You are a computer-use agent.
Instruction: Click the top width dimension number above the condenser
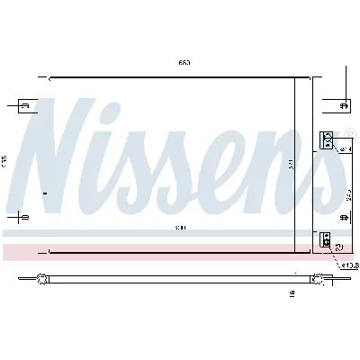[183, 63]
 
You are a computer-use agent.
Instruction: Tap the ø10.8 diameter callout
[349, 266]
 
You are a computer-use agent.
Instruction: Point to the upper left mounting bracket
[26, 107]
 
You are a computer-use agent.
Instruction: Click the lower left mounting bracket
[26, 217]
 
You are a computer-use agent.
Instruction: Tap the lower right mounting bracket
[342, 217]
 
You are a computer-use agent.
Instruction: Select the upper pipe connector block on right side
[327, 139]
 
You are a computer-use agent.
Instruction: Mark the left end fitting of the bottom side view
[41, 277]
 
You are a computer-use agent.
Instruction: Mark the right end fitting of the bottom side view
[317, 277]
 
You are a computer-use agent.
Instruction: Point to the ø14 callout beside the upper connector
[346, 148]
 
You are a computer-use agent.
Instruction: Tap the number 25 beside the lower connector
[337, 247]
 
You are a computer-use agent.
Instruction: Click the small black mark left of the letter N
[44, 192]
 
